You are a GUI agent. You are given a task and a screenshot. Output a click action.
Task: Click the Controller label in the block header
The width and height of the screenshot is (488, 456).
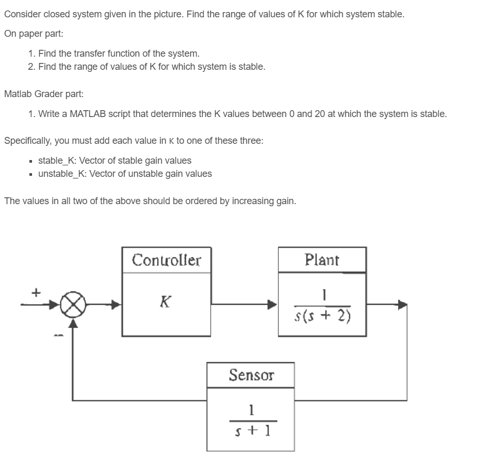[x=167, y=260]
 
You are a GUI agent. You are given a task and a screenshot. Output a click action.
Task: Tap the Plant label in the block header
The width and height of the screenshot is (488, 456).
[x=322, y=260]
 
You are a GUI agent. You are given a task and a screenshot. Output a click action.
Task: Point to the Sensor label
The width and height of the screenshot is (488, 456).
[x=251, y=375]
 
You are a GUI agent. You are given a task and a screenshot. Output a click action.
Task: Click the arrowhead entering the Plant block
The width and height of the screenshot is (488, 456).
[x=272, y=304]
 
